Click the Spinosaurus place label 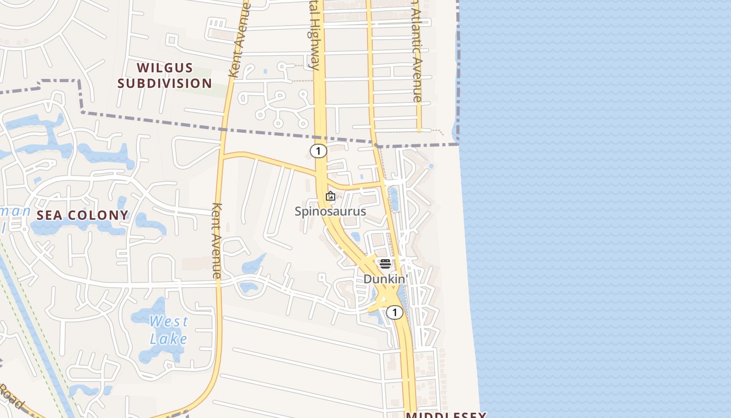click(x=330, y=212)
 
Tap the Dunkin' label click(x=385, y=279)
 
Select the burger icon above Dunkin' click(x=385, y=263)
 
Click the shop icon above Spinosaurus click(x=330, y=196)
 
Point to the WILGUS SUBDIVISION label click(x=165, y=75)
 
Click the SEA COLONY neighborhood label click(x=82, y=215)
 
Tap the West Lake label click(x=169, y=330)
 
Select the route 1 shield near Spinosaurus click(x=318, y=151)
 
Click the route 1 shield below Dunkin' click(x=395, y=312)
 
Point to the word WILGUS click(x=165, y=68)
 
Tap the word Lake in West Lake click(x=169, y=339)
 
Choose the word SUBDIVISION click(x=165, y=83)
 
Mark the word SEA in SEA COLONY click(x=49, y=215)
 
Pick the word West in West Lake click(x=169, y=321)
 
